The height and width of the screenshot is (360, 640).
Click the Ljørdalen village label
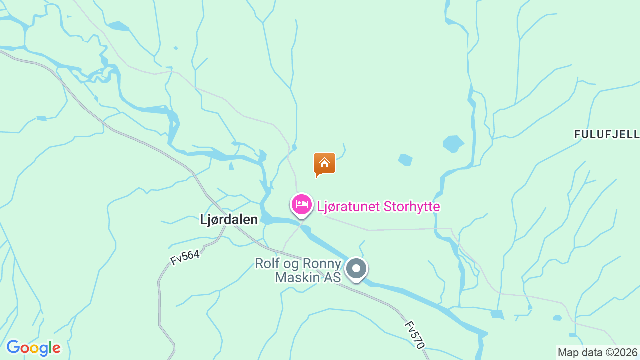229,219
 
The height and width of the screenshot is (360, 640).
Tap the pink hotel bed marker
301,204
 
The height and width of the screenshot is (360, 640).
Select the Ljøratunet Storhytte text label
378,206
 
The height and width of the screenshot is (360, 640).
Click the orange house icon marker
325,164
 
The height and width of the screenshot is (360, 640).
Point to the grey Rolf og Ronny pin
356,269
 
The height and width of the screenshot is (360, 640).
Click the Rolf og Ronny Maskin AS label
298,270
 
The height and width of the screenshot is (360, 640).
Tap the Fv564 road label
185,257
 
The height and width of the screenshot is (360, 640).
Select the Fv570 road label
415,334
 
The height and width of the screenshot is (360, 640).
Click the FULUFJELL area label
606,134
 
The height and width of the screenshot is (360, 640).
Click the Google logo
33,348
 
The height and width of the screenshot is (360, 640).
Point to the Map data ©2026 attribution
598,352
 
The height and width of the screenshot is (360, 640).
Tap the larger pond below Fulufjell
453,144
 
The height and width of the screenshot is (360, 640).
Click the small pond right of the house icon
405,160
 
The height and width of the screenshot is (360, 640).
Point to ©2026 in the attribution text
622,352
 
